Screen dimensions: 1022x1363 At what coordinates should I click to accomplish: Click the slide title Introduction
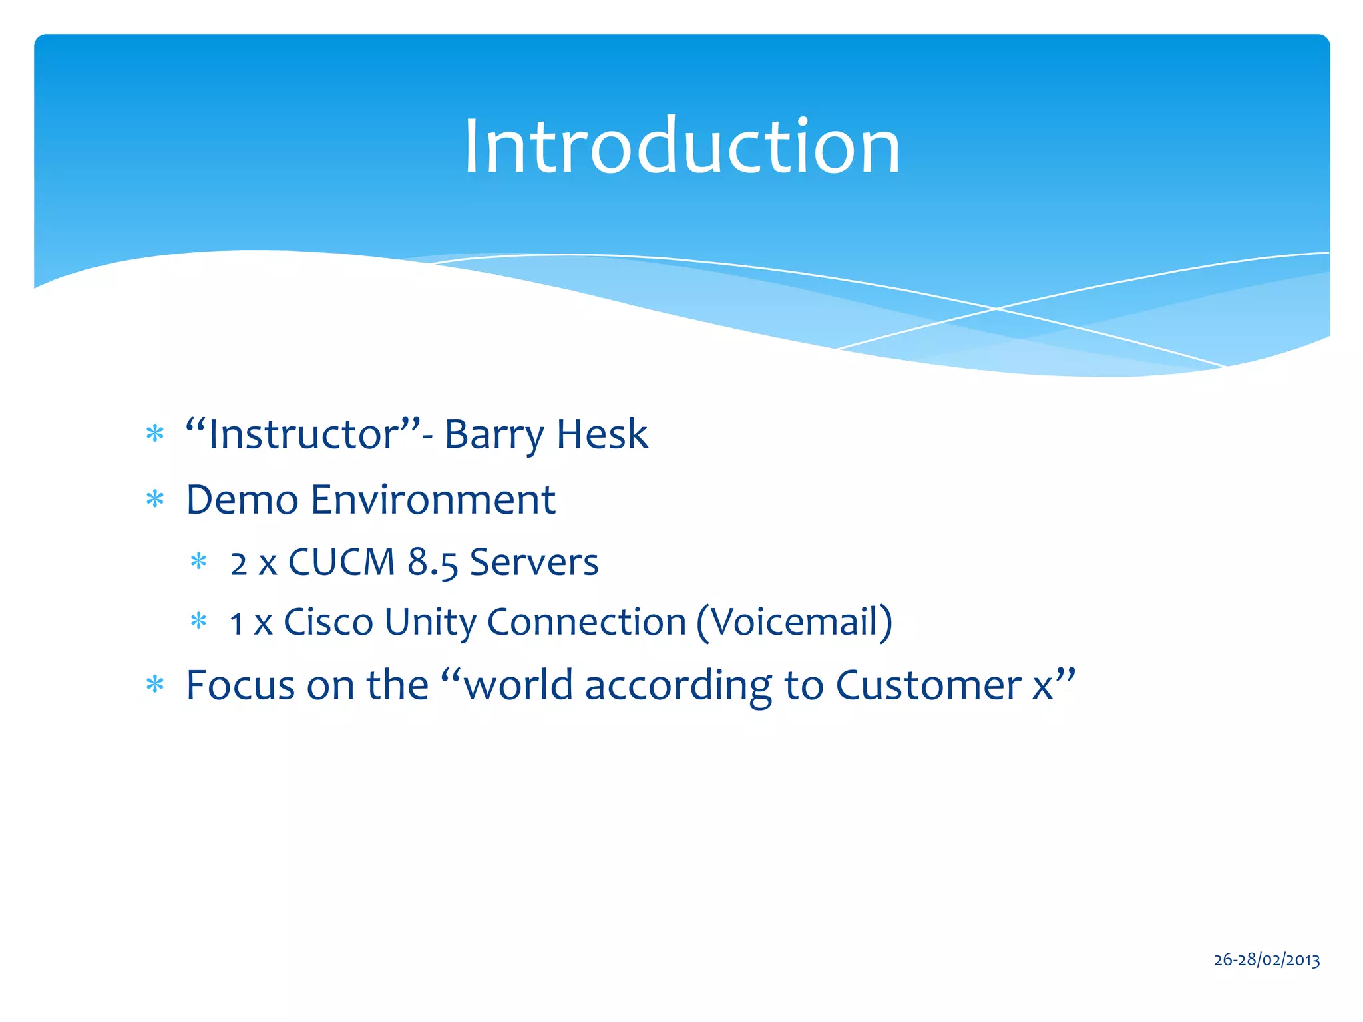coord(681,146)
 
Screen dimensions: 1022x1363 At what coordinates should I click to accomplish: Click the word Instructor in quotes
coord(303,434)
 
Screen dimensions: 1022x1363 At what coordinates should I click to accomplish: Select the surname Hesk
coord(602,434)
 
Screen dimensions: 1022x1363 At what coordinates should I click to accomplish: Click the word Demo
coord(242,500)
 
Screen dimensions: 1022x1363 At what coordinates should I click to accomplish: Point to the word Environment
coord(433,500)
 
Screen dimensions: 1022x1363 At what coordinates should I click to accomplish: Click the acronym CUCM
coord(341,562)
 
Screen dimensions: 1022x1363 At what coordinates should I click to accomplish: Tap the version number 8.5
coord(433,563)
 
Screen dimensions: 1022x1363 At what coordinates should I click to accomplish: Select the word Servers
coord(534,562)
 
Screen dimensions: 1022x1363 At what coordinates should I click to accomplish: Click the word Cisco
coord(328,623)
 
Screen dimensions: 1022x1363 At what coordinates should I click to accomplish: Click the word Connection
coord(586,623)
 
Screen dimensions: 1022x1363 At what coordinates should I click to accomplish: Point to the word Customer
coord(928,685)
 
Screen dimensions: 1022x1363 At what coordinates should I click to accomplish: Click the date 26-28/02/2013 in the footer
coord(1266,959)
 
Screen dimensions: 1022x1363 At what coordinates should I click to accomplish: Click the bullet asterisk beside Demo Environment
coord(155,500)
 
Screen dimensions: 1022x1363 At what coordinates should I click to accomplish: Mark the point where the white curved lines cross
coord(996,309)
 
